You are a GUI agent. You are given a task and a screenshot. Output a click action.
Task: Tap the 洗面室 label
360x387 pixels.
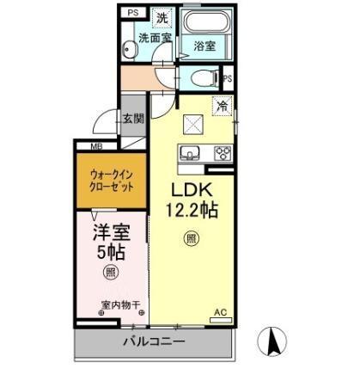pos(156,39)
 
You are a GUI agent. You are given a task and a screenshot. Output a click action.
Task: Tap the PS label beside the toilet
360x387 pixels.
pos(228,79)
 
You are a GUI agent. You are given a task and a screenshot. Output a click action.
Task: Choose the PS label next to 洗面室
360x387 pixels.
pos(132,13)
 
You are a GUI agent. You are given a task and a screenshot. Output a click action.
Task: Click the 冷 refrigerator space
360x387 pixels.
pos(222,108)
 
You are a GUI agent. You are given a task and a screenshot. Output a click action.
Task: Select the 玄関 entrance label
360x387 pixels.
pos(132,120)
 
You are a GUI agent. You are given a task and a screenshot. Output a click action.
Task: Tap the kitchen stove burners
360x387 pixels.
pos(223,154)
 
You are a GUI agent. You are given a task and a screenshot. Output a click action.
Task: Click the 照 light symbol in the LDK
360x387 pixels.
pos(190,239)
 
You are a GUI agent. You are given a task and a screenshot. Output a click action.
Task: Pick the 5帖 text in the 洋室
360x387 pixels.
pos(109,253)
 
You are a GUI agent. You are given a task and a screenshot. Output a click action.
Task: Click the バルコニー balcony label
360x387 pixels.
pos(153,341)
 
